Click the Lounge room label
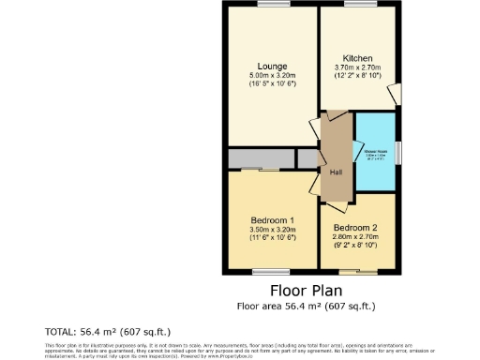(x=272, y=67)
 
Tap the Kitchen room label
(x=358, y=58)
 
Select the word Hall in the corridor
(x=335, y=172)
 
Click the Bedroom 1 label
(x=273, y=219)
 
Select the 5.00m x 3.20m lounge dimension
(x=272, y=76)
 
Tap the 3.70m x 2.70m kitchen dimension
(x=358, y=67)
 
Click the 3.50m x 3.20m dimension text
(x=273, y=229)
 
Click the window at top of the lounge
(x=272, y=6)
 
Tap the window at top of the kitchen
(x=358, y=6)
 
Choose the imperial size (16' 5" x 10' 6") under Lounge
(x=272, y=84)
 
